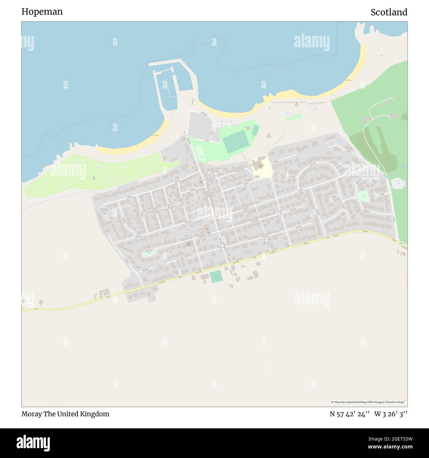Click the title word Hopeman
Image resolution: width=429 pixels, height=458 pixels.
[42, 12]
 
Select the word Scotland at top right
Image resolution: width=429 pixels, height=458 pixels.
[389, 13]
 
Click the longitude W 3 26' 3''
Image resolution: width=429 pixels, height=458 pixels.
[391, 414]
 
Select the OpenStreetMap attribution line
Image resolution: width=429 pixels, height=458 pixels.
[369, 402]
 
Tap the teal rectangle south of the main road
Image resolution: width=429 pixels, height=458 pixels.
[216, 276]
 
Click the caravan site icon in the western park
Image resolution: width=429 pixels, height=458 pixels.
[94, 178]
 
